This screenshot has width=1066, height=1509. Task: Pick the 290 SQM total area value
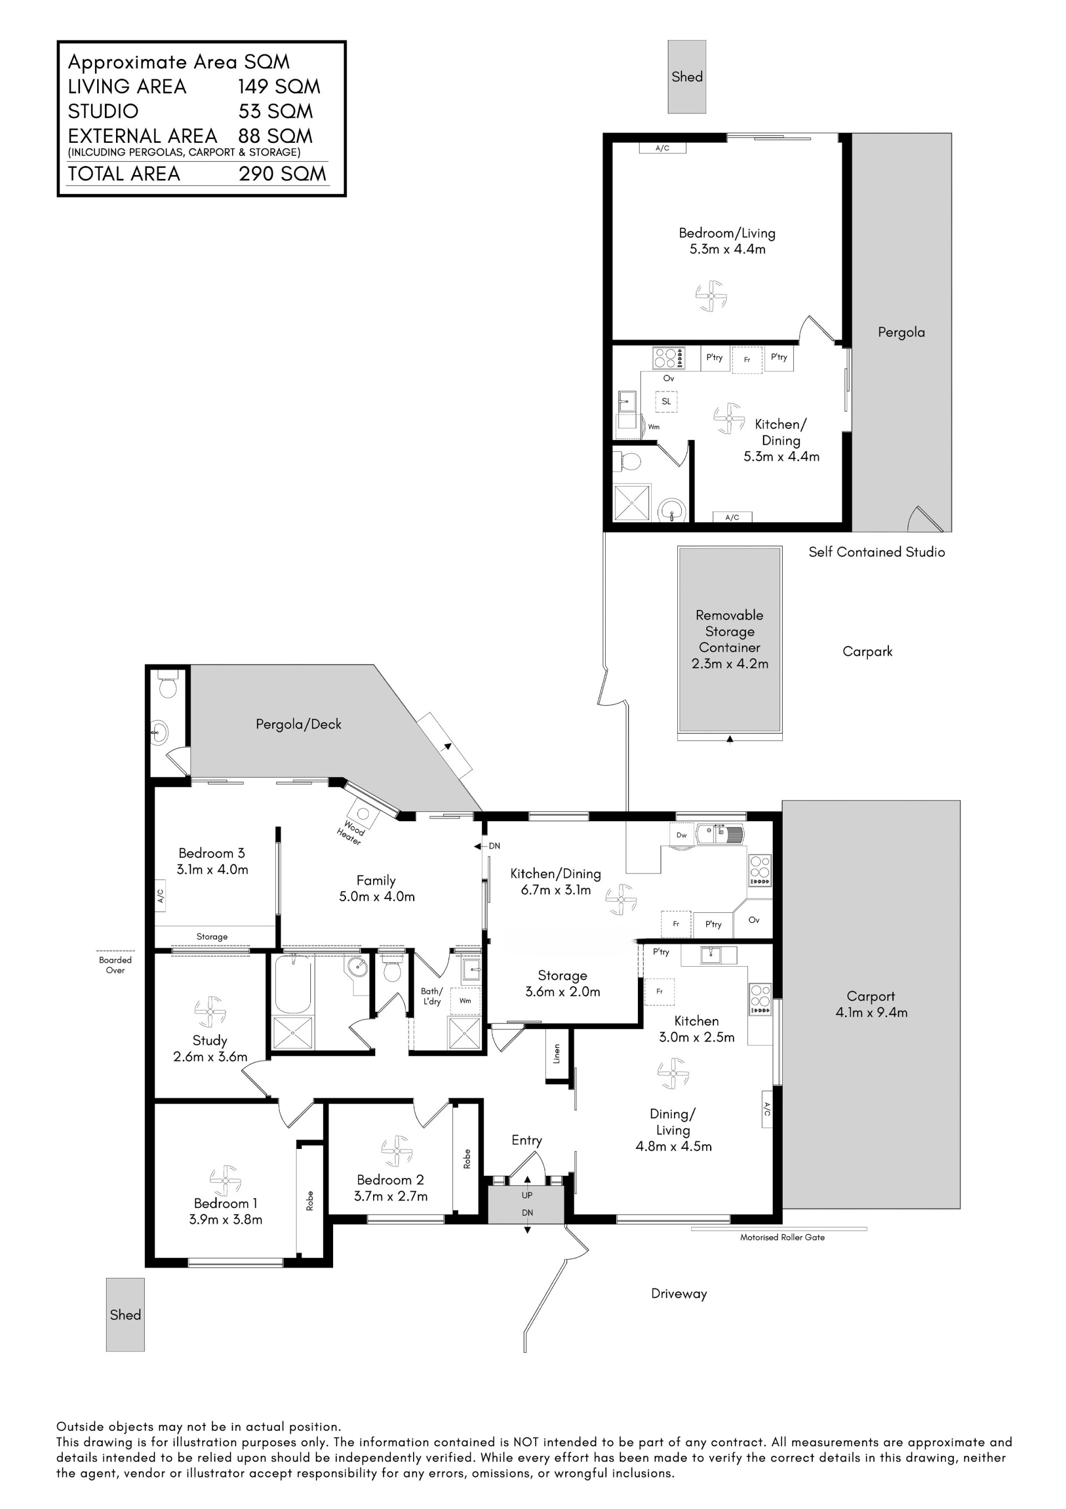coord(283,173)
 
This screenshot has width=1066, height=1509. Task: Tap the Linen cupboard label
coord(557,1053)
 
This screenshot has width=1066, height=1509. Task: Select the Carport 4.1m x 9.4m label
coord(871,1005)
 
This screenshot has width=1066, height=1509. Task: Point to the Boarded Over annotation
coord(115,965)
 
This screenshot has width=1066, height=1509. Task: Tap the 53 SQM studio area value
coord(276,111)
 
